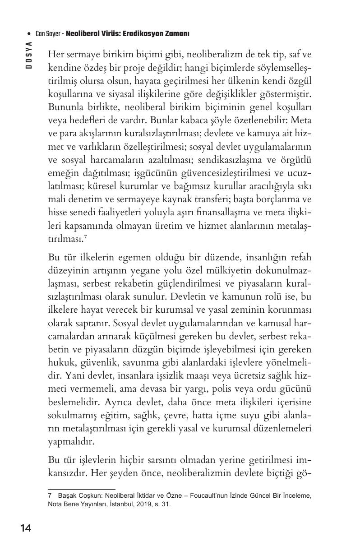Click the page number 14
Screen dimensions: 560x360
tap(25, 528)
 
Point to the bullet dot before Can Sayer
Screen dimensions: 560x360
tap(29, 34)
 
